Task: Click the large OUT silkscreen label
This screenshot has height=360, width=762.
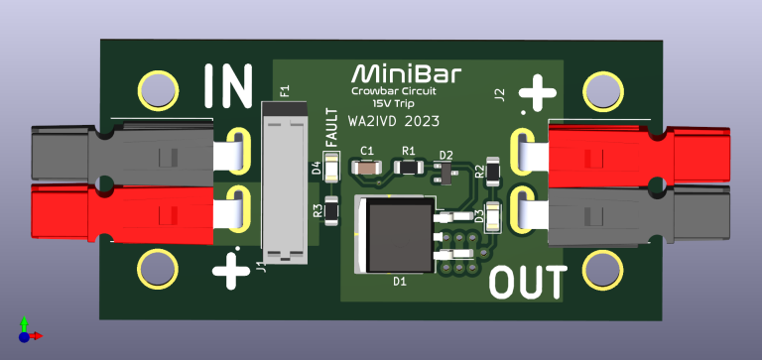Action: [x=529, y=283]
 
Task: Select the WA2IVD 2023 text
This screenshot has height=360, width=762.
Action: [x=394, y=122]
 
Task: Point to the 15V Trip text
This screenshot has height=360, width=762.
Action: [x=393, y=103]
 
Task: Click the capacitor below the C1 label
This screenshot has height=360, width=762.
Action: [x=367, y=168]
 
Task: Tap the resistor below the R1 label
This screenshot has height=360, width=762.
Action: [x=407, y=168]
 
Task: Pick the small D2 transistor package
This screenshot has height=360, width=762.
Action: [x=444, y=175]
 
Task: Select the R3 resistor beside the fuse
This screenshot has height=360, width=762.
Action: [x=330, y=210]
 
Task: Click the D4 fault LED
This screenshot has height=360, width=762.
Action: [x=330, y=169]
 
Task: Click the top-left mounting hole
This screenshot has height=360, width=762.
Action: [x=156, y=89]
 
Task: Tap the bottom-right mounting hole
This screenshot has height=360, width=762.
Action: [x=600, y=269]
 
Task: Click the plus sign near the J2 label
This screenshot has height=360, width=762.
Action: [x=538, y=95]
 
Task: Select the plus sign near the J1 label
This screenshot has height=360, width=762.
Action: [x=231, y=268]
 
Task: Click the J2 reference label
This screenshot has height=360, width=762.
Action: [x=500, y=95]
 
